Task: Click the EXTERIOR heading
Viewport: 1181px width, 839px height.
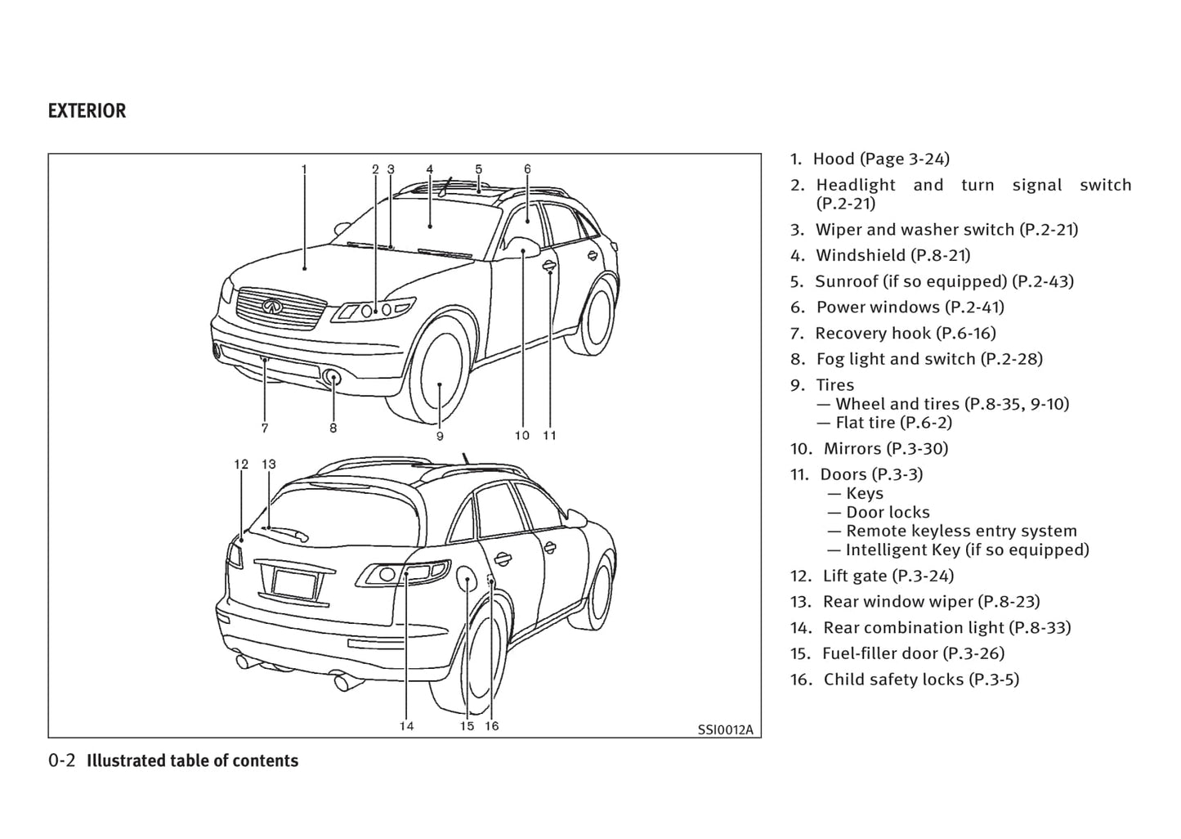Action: [x=87, y=111]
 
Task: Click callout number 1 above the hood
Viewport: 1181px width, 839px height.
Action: [x=304, y=169]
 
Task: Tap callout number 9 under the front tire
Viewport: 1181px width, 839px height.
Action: [x=440, y=436]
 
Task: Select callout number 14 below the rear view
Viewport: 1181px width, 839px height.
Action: [x=406, y=725]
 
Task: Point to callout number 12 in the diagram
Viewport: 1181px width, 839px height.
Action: [x=241, y=464]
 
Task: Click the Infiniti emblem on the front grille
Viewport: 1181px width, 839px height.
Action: [x=272, y=306]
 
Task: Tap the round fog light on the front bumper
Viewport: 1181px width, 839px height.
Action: [x=333, y=378]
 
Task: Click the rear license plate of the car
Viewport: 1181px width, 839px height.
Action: [x=294, y=585]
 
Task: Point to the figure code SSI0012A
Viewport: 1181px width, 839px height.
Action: [x=725, y=729]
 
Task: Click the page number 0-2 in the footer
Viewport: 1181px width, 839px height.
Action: [x=61, y=760]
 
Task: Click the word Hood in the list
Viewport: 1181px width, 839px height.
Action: [x=833, y=159]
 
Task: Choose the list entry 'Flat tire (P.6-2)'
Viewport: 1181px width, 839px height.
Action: [x=893, y=423]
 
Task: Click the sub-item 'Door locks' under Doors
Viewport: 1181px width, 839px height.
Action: [x=888, y=513]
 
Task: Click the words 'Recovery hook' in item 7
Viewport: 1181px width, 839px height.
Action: [x=873, y=333]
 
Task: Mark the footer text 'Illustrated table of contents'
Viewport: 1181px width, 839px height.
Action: [x=192, y=760]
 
